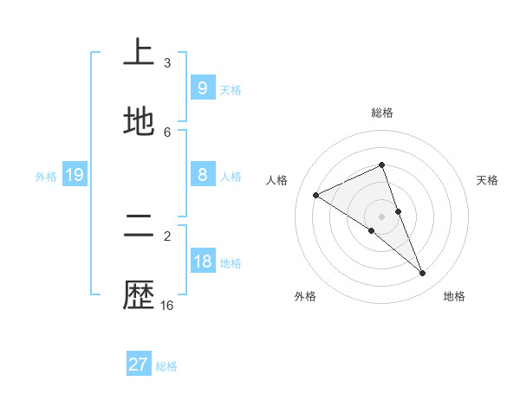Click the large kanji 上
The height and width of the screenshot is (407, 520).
139,54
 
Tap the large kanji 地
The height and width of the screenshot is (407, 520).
139,122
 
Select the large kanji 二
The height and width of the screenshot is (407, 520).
139,227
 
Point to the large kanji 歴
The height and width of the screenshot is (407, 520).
139,296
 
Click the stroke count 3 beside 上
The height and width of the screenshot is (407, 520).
167,63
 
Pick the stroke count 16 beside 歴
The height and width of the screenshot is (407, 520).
167,306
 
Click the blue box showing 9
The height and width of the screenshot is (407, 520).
202,87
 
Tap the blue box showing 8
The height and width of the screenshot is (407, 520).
202,175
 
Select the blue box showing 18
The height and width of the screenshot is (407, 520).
202,262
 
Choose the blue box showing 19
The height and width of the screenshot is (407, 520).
74,175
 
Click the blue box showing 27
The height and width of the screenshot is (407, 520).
138,365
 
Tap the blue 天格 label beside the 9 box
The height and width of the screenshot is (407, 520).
231,89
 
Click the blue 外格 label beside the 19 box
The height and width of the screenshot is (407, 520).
46,177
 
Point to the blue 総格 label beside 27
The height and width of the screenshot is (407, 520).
166,366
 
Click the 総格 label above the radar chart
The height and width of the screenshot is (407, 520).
382,113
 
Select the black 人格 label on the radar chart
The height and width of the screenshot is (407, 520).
277,180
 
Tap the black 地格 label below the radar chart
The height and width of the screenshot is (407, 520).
454,296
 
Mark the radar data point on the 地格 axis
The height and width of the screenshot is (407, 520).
423,274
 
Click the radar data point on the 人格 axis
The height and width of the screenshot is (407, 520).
315,195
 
